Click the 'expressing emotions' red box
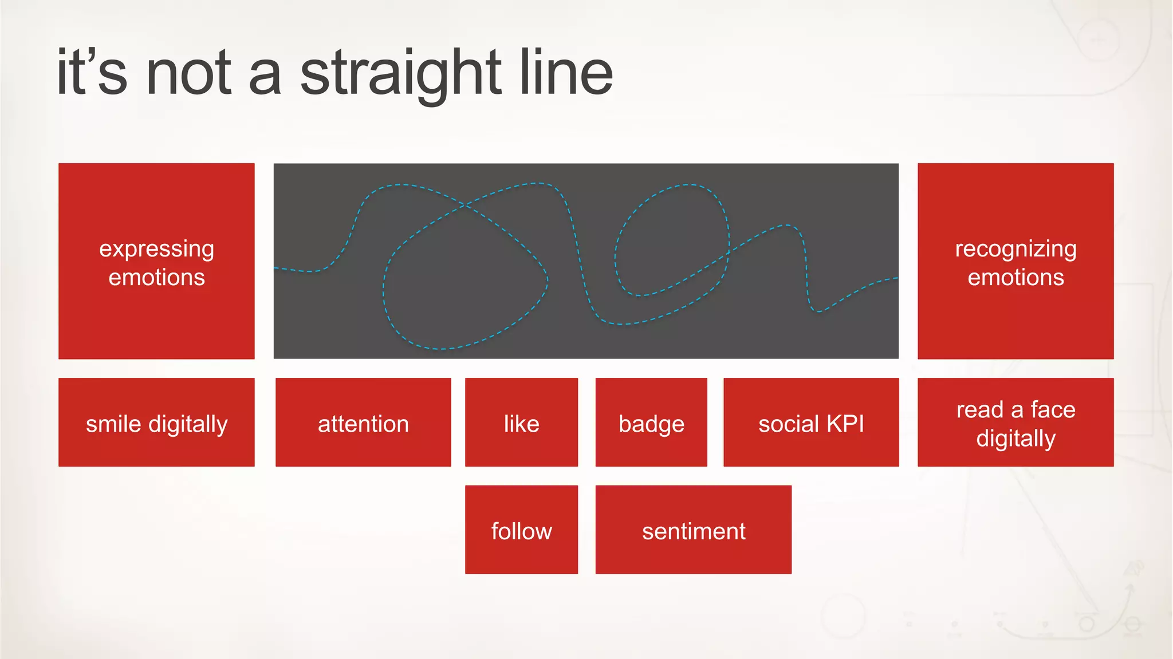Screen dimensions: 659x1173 [x=156, y=261]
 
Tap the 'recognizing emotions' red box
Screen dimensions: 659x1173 [x=1015, y=261]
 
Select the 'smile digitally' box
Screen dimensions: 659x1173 [x=156, y=422]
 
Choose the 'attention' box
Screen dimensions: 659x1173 [x=363, y=422]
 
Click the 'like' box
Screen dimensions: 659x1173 [x=521, y=422]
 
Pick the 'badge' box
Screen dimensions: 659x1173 [x=651, y=422]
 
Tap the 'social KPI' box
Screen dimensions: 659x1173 [x=811, y=422]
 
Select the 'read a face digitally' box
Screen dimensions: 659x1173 [x=1015, y=422]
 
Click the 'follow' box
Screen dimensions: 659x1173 [x=521, y=530]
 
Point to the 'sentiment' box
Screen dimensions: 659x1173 [x=694, y=530]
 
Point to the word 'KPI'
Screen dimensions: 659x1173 [x=845, y=424]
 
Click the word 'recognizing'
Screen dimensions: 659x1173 [x=1015, y=249]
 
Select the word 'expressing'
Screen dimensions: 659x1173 [x=156, y=249]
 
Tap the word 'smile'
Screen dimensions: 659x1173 [x=113, y=424]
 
